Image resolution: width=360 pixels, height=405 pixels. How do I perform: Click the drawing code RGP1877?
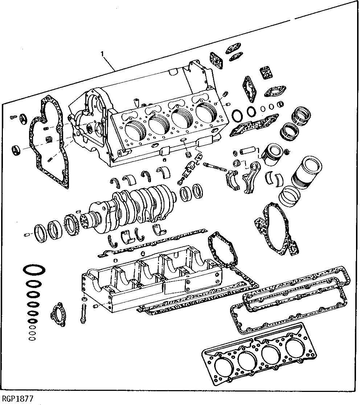tap(17, 398)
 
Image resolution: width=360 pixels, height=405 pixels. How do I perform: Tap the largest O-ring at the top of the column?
tap(34, 271)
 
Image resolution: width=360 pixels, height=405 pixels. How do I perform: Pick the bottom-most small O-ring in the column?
tap(32, 339)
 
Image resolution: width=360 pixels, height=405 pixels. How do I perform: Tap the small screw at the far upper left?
tap(13, 116)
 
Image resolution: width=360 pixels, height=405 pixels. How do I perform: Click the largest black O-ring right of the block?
tap(237, 115)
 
